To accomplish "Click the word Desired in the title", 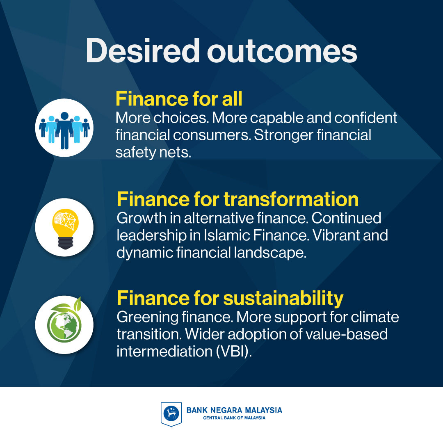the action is [143, 50].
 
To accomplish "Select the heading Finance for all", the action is [179, 99].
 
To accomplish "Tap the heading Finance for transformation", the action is [237, 199].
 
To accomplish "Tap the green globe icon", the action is [65, 321].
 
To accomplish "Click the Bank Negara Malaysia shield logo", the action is [171, 414].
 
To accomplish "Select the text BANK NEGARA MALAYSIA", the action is [234, 410].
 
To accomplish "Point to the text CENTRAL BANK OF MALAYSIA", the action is [234, 418].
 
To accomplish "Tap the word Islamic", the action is [227, 235].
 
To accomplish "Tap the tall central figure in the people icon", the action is [64, 130].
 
